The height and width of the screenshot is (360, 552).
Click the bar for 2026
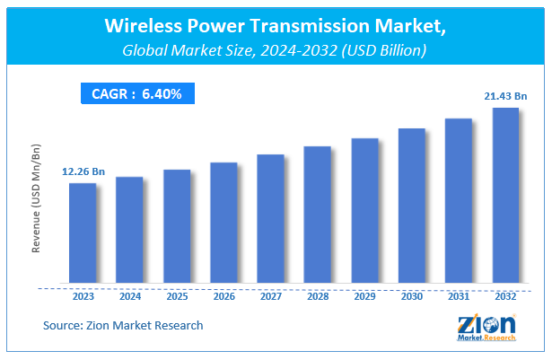point(223,224)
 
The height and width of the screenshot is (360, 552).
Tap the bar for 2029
point(364,213)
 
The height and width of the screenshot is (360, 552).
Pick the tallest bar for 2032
point(505,198)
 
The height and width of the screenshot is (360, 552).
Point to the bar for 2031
point(458,203)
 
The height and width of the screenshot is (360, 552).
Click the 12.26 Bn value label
point(83,171)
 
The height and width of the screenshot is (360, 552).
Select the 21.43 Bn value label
point(505,95)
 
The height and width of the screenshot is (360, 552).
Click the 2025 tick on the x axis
point(177,296)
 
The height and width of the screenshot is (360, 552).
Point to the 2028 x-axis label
point(318,296)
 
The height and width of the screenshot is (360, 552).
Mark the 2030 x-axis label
point(411,296)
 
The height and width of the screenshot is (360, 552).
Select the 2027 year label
point(270,296)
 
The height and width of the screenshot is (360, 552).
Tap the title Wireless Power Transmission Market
point(276,29)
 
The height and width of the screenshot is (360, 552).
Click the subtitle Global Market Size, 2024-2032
point(276,52)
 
